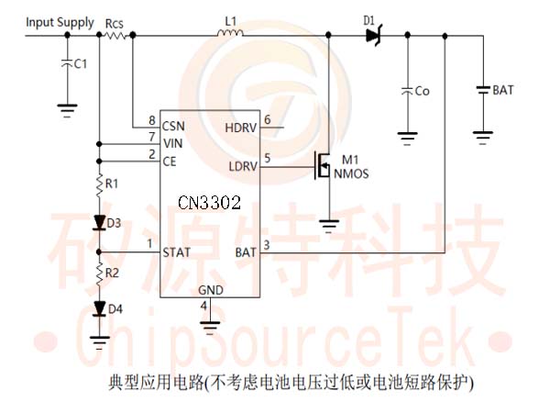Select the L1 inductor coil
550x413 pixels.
pos(230,33)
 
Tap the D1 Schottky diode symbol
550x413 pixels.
pos(374,35)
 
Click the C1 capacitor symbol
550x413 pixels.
pos(67,63)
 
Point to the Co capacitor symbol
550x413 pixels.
pos(407,91)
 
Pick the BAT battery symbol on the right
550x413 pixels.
pos(483,90)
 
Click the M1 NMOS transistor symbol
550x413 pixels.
pos(323,165)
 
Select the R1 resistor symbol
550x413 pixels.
pos(100,184)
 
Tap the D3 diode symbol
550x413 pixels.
pos(100,223)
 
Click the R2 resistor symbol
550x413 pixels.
pos(100,273)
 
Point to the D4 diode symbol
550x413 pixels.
pos(100,309)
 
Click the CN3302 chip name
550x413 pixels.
pos(209,203)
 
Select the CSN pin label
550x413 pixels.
pos(173,127)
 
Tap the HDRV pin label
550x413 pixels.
pos(240,128)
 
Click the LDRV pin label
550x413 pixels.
pos(243,166)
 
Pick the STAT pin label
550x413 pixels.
pos(176,252)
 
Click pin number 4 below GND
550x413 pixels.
pos(203,306)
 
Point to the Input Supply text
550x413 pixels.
pos(60,23)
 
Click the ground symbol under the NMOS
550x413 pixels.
pos(329,226)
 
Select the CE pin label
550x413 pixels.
pos(170,162)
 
